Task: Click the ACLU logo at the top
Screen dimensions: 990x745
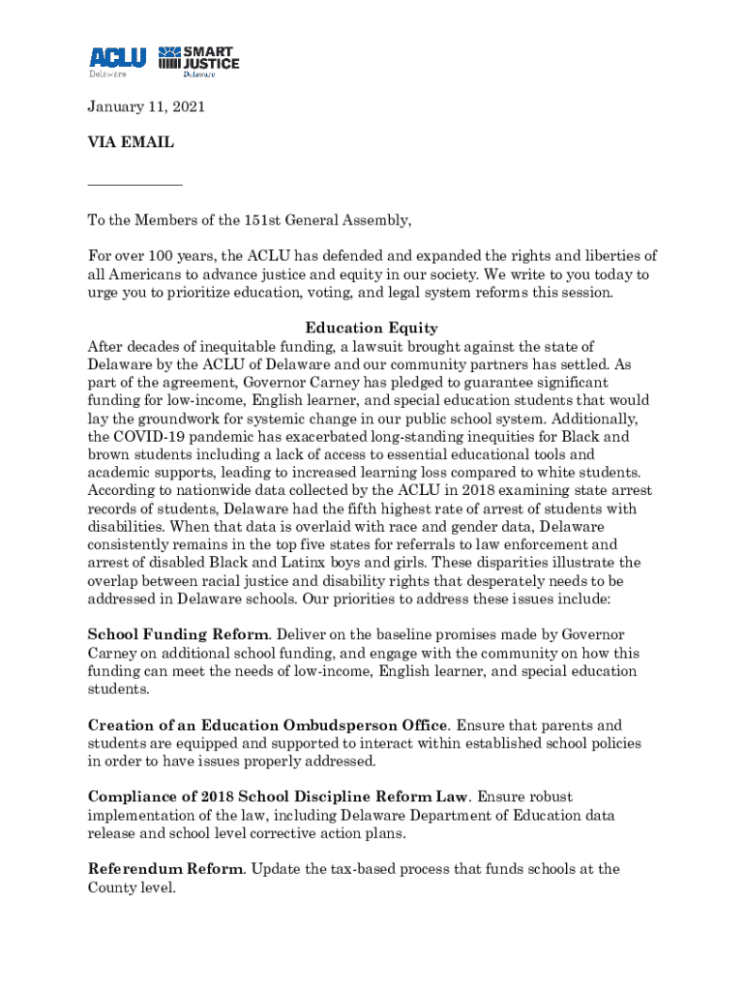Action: click(x=117, y=59)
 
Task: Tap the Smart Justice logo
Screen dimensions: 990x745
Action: click(x=198, y=59)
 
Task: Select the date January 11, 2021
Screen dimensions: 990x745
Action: click(x=146, y=108)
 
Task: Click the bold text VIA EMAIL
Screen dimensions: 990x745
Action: click(x=131, y=143)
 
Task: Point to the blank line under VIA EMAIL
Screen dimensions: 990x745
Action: click(x=134, y=184)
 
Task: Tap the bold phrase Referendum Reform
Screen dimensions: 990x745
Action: click(x=165, y=869)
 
